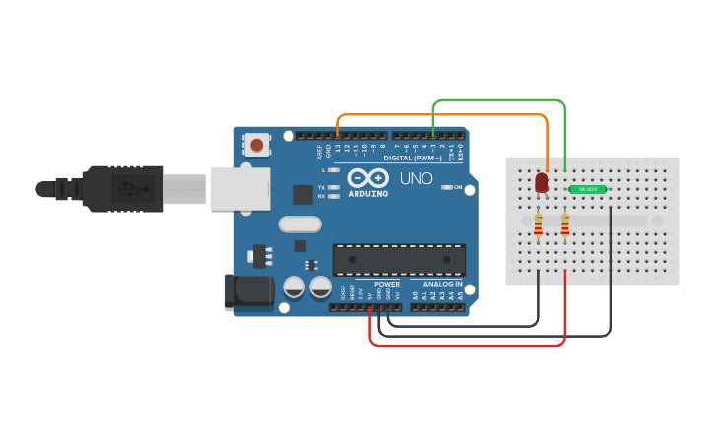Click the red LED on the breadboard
point(541,183)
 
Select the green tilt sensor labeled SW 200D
point(587,188)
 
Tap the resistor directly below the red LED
point(538,226)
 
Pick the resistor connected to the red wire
point(564,226)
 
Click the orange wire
point(443,115)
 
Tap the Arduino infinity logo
point(367,178)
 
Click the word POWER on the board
point(387,284)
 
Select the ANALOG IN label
point(442,284)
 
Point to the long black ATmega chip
point(399,259)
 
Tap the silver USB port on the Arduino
point(239,187)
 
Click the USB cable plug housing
point(122,187)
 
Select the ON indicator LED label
point(458,187)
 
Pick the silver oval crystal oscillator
point(299,224)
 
